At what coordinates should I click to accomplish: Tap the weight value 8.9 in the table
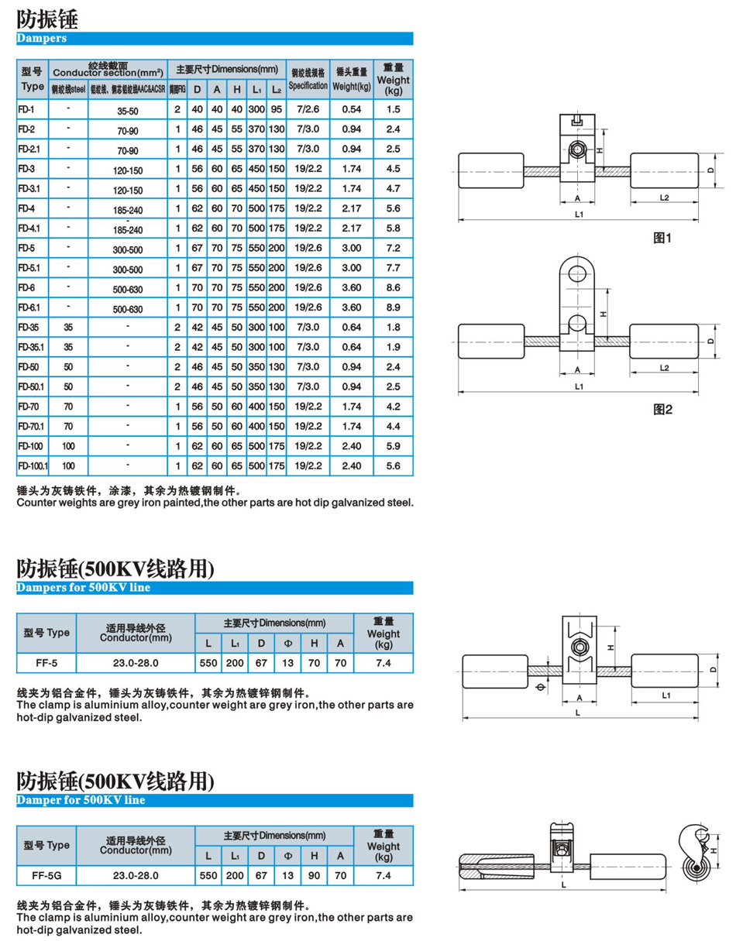[x=393, y=307]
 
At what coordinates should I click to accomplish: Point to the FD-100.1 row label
[x=33, y=465]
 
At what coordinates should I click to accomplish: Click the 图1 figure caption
[x=662, y=239]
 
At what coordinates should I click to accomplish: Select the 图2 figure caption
[x=662, y=409]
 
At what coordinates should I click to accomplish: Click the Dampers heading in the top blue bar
[x=42, y=38]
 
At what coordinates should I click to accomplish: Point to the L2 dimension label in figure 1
[x=664, y=197]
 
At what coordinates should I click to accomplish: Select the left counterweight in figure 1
[x=483, y=170]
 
